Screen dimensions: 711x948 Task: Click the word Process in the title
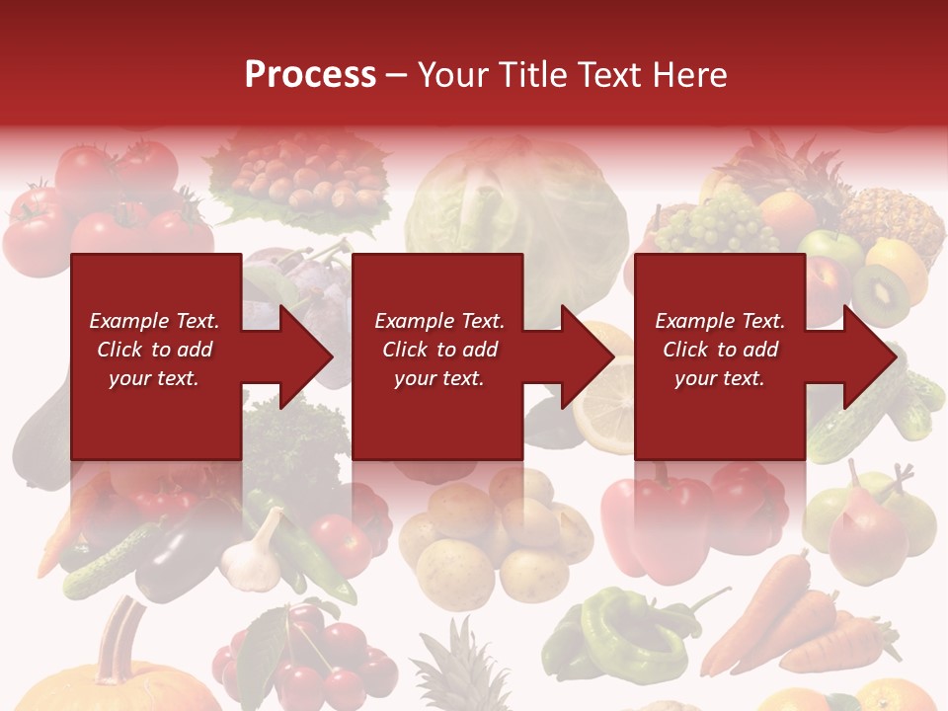310,74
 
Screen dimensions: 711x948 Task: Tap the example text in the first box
154,350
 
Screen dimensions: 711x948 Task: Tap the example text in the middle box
439,350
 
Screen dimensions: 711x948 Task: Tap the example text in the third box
720,350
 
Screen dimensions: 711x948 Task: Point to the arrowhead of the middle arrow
587,356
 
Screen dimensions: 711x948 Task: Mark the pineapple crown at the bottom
454,662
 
